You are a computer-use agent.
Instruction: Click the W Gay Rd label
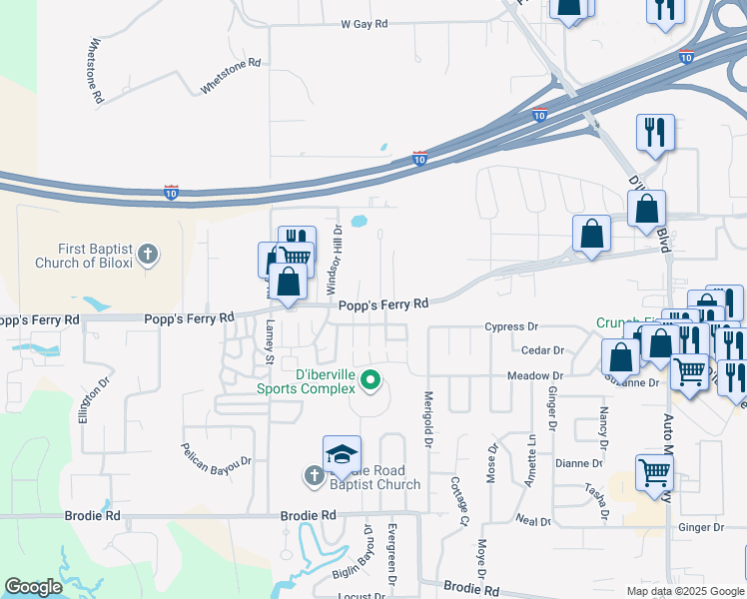click(x=364, y=24)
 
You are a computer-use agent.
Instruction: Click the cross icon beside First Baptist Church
click(x=147, y=255)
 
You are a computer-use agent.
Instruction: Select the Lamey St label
click(x=270, y=339)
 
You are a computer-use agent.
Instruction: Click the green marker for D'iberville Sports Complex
click(x=371, y=379)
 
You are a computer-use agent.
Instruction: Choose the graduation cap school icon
click(x=342, y=454)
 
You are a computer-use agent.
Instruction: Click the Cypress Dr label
click(x=511, y=326)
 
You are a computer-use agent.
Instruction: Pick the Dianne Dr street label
click(x=578, y=463)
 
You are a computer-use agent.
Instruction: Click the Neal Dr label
click(x=533, y=521)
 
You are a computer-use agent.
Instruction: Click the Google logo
click(x=34, y=587)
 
